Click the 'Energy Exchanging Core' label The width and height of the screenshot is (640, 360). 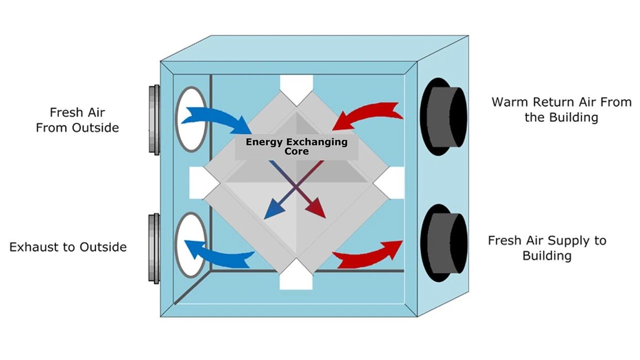coord(296,146)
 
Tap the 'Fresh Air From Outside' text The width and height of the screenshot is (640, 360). coord(77,120)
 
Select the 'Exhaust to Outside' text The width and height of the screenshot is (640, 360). coord(68,247)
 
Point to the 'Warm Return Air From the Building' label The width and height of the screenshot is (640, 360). coord(561,109)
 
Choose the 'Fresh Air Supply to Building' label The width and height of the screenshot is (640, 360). coord(547,248)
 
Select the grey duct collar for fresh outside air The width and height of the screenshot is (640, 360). coord(154,119)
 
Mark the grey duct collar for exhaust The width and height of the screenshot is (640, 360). coord(154,247)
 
